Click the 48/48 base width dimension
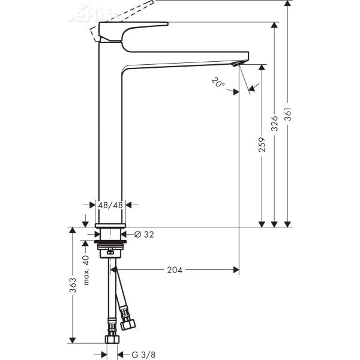(110, 205)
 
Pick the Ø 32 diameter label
(145, 235)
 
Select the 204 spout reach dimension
(174, 269)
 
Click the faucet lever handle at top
(132, 28)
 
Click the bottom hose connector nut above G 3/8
(110, 340)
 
